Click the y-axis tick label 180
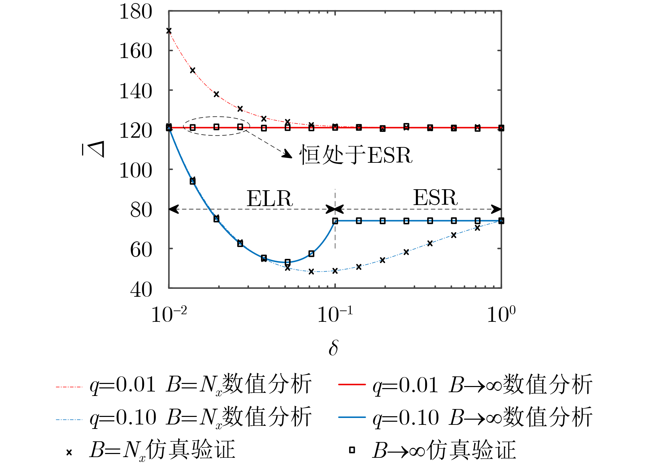135,12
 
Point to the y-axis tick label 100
135,170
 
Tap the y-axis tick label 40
141,290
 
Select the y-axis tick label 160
135,52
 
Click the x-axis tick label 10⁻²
169,314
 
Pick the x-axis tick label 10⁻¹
335,314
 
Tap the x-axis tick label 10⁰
501,314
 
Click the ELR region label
270,199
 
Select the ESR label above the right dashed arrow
435,197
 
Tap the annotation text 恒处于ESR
356,155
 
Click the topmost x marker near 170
169,31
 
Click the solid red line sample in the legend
352,385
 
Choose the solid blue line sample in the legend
352,417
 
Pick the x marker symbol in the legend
69,452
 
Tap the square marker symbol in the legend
352,450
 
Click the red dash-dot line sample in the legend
69,387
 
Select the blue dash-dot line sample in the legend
69,420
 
